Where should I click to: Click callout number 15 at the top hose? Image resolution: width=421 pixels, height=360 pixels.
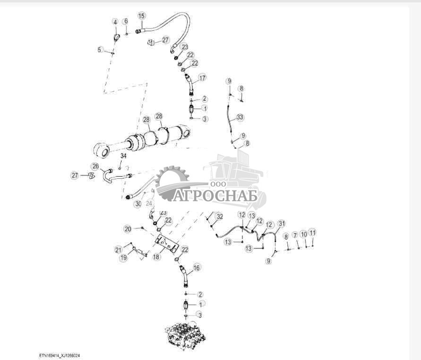[x=141, y=16]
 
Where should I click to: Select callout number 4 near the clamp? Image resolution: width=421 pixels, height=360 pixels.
[x=115, y=22]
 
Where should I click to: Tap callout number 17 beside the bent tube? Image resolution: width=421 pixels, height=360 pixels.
[x=202, y=78]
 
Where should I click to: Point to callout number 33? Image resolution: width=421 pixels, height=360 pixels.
[x=240, y=117]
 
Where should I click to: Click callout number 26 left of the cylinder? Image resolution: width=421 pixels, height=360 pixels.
[x=95, y=166]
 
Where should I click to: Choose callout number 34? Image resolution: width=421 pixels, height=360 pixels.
[x=123, y=156]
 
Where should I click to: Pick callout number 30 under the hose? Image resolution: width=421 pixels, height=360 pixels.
[x=137, y=204]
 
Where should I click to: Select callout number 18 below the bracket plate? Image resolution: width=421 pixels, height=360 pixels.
[x=156, y=257]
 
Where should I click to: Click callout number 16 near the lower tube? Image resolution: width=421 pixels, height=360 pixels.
[x=197, y=268]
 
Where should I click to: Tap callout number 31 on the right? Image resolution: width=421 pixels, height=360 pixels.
[x=282, y=223]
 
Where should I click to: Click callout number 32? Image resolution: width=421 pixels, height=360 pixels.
[x=219, y=216]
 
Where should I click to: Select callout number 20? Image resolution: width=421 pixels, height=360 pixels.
[x=128, y=229]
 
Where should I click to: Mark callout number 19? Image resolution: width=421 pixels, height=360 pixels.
[x=123, y=258]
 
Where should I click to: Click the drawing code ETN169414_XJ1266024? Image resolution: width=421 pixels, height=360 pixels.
[x=63, y=354]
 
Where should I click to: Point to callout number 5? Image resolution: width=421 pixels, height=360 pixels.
[x=100, y=49]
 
